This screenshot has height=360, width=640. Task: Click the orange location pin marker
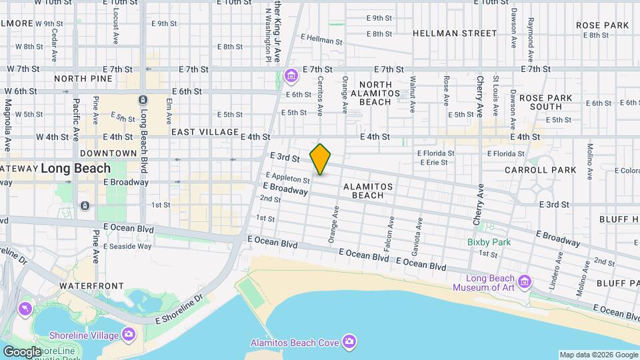[x=321, y=159]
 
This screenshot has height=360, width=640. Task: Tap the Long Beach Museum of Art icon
[x=524, y=283]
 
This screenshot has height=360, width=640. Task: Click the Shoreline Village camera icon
[x=129, y=334]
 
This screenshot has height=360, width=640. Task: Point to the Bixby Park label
[x=489, y=242]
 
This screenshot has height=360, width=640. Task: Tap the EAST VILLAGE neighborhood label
[x=205, y=132]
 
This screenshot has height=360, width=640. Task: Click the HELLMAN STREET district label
[x=455, y=33]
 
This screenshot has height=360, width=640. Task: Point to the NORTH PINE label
[x=80, y=79]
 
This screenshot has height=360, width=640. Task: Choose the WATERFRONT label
[x=91, y=285]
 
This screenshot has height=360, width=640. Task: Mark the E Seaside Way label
[x=127, y=247]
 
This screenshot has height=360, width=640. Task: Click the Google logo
[x=21, y=351]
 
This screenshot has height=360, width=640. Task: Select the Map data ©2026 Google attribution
[x=599, y=355]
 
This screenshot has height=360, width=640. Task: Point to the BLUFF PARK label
[x=617, y=283]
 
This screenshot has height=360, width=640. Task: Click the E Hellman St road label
[x=321, y=41]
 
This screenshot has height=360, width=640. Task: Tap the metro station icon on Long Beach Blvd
[x=142, y=100]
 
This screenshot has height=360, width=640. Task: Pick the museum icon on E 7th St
[x=290, y=77]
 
